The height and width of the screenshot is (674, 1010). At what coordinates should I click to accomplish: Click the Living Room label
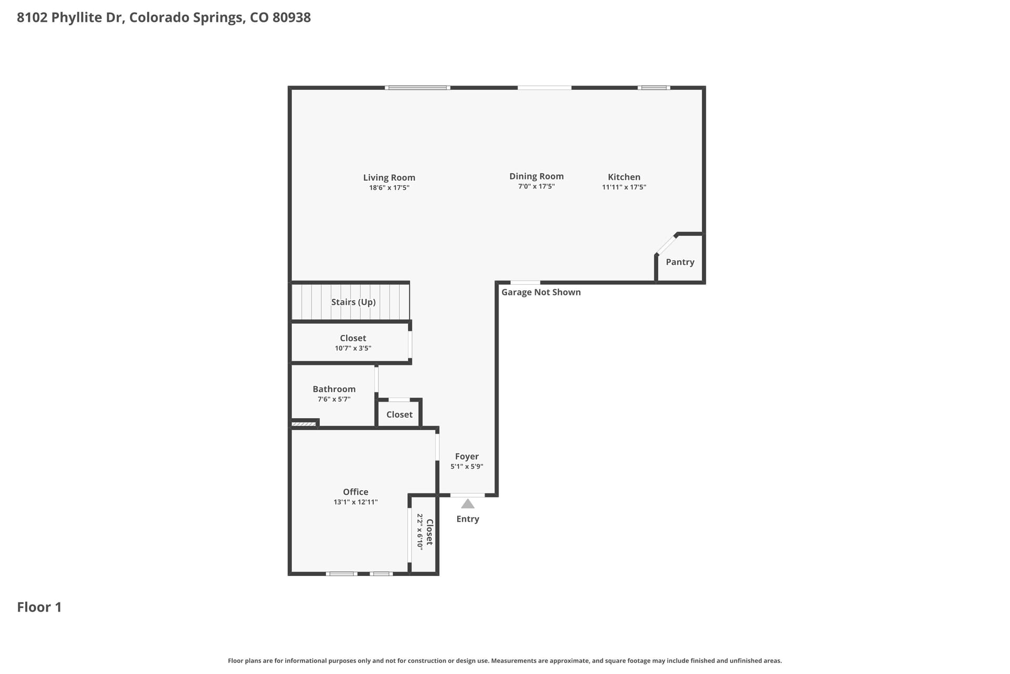coord(389,177)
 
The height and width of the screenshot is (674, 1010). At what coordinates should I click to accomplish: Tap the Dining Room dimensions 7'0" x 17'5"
coord(536,186)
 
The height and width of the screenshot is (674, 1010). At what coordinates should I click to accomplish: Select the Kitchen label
coord(624,177)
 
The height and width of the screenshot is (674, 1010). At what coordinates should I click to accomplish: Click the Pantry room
coord(680,259)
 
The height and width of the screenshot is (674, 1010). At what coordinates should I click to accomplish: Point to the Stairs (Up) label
coord(353,302)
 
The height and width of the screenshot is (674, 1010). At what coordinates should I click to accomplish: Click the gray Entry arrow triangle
coord(468,504)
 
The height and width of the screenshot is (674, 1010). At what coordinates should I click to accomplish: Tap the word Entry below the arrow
coord(468,519)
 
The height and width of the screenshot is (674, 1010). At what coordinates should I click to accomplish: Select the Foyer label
coord(467,457)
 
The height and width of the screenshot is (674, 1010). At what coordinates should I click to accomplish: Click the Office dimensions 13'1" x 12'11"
coord(356,502)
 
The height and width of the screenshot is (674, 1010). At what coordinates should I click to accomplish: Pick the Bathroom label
coord(334,389)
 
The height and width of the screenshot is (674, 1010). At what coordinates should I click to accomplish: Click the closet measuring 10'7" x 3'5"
coord(350,342)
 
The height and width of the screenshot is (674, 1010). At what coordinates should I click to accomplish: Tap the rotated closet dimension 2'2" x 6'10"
coord(420,532)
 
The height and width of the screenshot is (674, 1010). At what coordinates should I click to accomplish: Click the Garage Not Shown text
coord(541,292)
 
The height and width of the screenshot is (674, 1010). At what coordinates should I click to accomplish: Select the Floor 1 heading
coord(39,607)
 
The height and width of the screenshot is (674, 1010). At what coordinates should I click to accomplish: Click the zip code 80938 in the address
coord(291,17)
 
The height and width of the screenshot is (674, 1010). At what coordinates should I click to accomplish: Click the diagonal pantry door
coord(666,244)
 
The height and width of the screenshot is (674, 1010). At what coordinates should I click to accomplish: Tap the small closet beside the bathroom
coord(399,414)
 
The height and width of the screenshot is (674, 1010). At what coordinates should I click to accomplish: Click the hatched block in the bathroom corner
coord(304,424)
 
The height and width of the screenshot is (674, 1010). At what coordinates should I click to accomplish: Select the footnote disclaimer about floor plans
coord(505,661)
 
